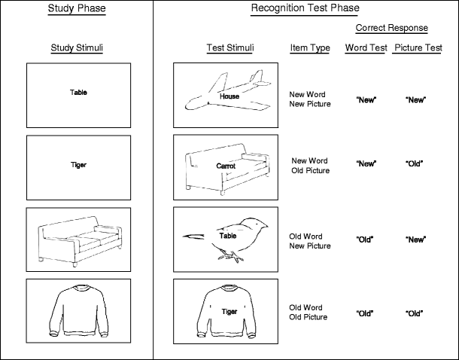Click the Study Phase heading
(77, 9)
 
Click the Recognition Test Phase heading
(305, 9)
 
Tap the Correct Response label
(392, 29)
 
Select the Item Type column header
(310, 48)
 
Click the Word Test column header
(366, 48)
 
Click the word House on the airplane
(229, 96)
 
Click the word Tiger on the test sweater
(229, 310)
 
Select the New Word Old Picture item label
(310, 166)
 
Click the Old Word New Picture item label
(310, 241)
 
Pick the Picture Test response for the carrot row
(416, 163)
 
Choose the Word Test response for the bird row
(366, 239)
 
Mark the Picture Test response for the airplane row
(416, 99)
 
